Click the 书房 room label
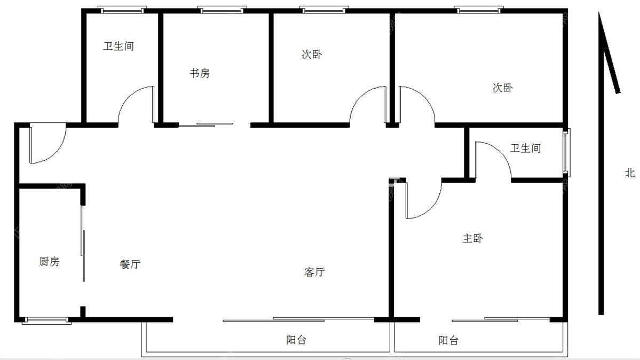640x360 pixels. point(200,73)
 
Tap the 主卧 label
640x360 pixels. point(472,238)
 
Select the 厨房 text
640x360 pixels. point(50,261)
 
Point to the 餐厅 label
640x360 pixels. point(130,264)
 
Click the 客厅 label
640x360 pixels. point(315,272)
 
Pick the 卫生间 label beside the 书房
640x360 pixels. point(118,46)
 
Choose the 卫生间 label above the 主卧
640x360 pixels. point(525,148)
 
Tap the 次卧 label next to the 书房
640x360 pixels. point(312,54)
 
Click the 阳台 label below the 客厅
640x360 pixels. point(296,340)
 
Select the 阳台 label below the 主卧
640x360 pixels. point(448,340)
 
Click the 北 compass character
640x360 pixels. point(630,173)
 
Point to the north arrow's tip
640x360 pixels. point(599,12)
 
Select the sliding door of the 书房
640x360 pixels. point(206,124)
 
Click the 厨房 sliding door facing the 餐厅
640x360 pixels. point(83,243)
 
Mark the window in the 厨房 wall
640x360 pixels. point(46,320)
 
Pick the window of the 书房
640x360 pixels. point(222,10)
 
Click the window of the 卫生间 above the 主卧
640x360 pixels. point(566,152)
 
